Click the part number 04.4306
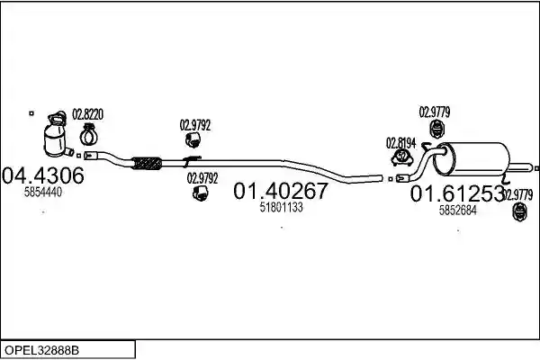click(x=42, y=175)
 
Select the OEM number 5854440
click(x=43, y=193)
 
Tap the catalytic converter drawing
click(x=58, y=135)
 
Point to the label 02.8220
click(x=87, y=114)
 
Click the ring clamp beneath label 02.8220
click(x=89, y=135)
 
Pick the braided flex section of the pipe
click(x=147, y=163)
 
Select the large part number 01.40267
click(x=281, y=191)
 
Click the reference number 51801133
click(x=281, y=207)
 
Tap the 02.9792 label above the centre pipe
click(x=195, y=125)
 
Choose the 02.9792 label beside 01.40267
click(x=202, y=178)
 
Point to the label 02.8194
click(x=400, y=143)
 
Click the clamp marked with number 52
click(x=402, y=157)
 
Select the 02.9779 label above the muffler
click(x=435, y=112)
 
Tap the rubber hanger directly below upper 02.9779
click(x=437, y=130)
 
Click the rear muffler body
click(x=472, y=158)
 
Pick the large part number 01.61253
click(x=457, y=194)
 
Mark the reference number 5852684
click(x=458, y=210)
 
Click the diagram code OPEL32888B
click(x=41, y=351)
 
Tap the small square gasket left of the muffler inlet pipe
click(x=391, y=179)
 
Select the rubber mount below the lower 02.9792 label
click(x=200, y=193)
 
